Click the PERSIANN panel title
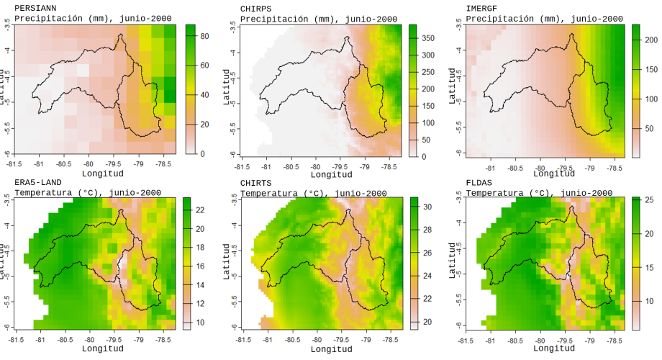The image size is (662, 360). (x=36, y=8)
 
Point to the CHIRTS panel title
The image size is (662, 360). (x=256, y=182)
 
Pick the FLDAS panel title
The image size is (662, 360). (x=480, y=182)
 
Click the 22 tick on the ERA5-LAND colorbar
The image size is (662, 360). (x=200, y=210)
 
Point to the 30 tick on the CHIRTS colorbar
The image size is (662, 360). (x=427, y=207)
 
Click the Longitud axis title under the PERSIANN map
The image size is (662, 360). (x=104, y=174)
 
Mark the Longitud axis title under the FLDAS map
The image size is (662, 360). (x=555, y=348)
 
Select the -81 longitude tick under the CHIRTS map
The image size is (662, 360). (x=267, y=339)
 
